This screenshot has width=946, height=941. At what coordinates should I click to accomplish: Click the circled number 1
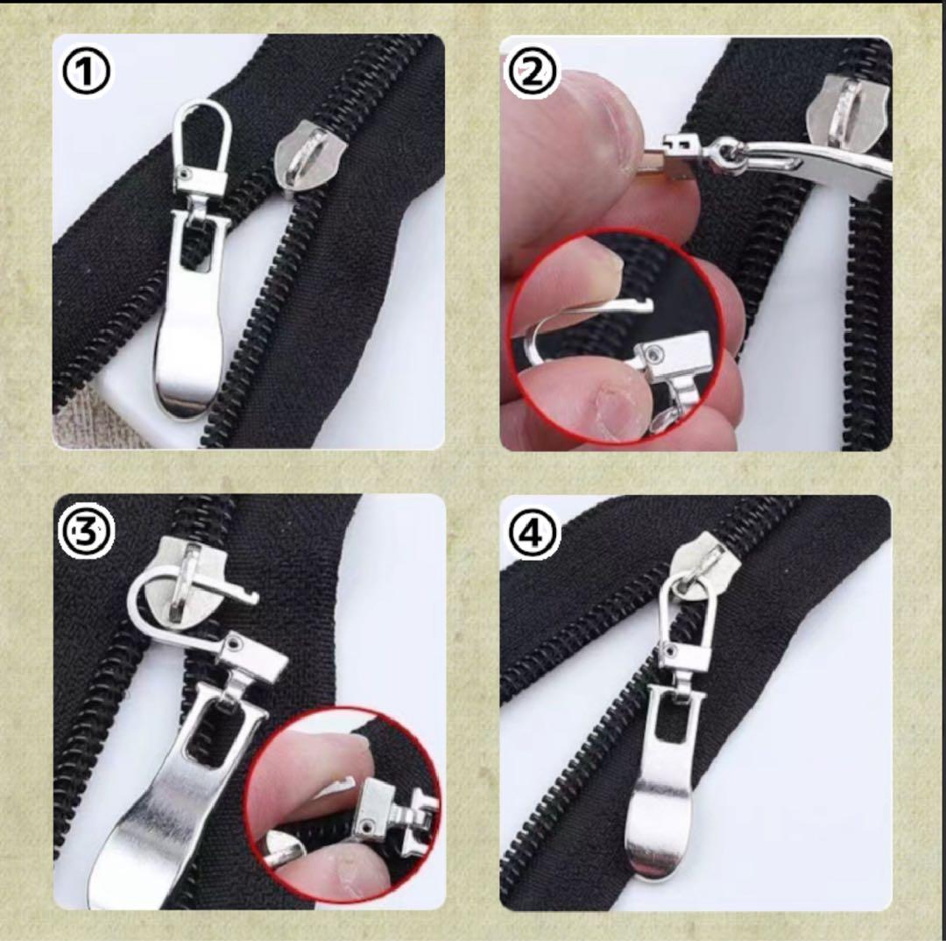[x=86, y=71]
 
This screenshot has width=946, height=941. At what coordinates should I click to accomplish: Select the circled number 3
[x=86, y=532]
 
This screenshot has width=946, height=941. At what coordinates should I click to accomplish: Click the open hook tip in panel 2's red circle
[x=645, y=304]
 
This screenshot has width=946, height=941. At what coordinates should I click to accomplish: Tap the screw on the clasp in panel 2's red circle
[x=654, y=351]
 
